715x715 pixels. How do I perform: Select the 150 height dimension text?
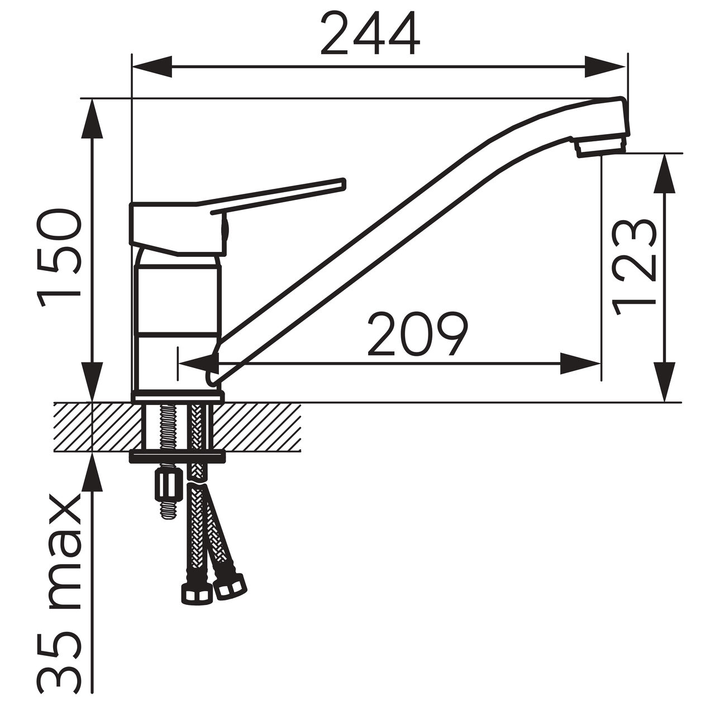coord(59,258)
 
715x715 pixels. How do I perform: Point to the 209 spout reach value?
coord(418,334)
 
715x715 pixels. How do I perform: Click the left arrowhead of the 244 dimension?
coord(152,67)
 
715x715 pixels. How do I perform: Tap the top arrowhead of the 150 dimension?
coord(92,120)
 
